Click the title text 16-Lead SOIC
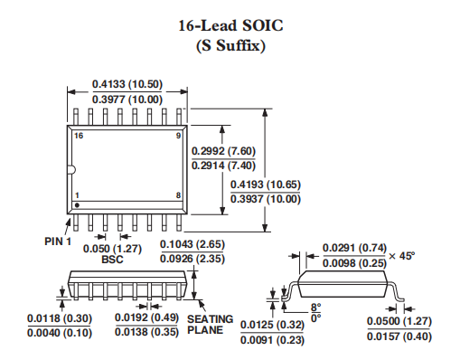[230, 25]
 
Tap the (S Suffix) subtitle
[230, 46]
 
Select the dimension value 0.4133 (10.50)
[127, 84]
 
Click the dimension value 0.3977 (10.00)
[127, 99]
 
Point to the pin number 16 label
[79, 136]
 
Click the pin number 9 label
[178, 136]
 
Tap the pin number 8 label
[178, 195]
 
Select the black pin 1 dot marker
[77, 205]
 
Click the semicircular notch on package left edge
[73, 170]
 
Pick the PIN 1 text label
[58, 242]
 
